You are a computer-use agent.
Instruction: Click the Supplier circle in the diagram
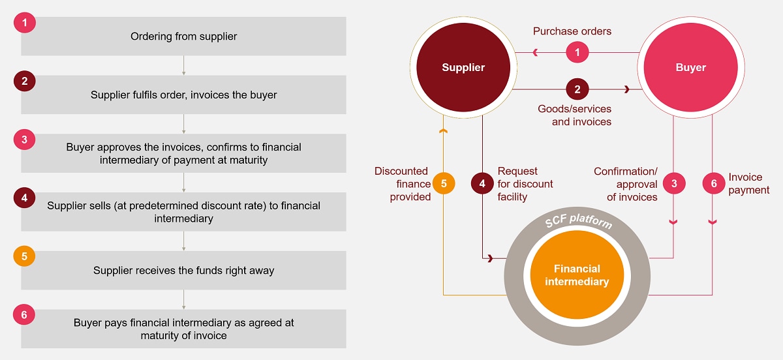click(x=463, y=68)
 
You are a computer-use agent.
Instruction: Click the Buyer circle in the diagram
click(x=690, y=68)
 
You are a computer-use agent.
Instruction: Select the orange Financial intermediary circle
click(x=577, y=275)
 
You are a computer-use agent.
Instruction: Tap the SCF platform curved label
click(x=579, y=222)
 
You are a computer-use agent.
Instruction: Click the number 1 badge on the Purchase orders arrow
click(x=577, y=52)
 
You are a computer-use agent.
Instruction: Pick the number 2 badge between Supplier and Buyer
click(x=577, y=89)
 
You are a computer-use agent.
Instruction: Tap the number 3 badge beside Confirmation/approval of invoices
click(x=674, y=184)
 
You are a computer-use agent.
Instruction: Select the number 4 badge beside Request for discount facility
click(x=482, y=184)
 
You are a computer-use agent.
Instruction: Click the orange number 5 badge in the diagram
click(x=443, y=184)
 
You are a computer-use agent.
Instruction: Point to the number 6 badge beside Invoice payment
click(x=713, y=184)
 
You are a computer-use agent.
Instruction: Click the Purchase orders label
click(x=572, y=31)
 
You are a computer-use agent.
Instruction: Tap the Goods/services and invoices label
click(x=574, y=115)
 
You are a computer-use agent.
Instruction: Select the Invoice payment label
click(x=749, y=184)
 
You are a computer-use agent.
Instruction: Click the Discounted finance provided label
click(x=401, y=184)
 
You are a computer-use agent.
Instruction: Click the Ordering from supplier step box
click(x=183, y=37)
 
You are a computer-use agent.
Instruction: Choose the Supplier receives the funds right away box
click(x=183, y=271)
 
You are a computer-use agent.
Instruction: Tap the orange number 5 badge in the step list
click(x=24, y=256)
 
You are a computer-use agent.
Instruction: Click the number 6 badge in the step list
click(x=24, y=314)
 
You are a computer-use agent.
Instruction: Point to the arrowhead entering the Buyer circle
click(x=628, y=89)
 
